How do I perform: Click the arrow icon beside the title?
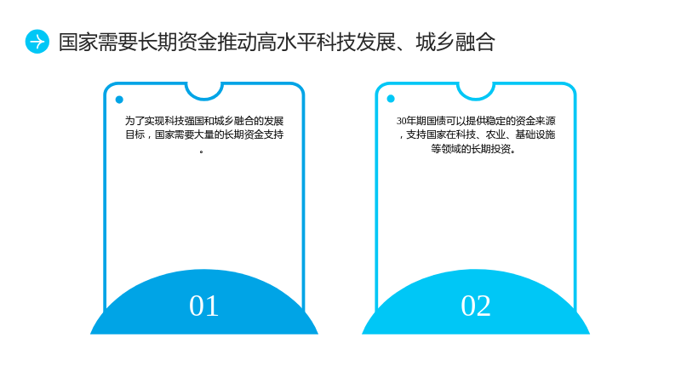[x=37, y=42]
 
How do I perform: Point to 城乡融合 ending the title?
[x=455, y=42]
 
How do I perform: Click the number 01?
[x=203, y=306]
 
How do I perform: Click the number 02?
[x=476, y=306]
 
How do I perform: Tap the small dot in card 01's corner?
[x=119, y=100]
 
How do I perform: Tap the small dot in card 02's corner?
[x=391, y=99]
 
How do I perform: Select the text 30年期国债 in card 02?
[x=421, y=121]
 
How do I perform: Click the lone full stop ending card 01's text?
[x=202, y=151]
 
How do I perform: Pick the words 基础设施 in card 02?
[x=535, y=134]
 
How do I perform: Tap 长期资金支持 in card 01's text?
[x=254, y=134]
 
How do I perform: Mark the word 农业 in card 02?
[x=495, y=134]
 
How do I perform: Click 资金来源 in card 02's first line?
[x=535, y=121]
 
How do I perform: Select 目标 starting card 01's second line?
[x=135, y=134]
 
